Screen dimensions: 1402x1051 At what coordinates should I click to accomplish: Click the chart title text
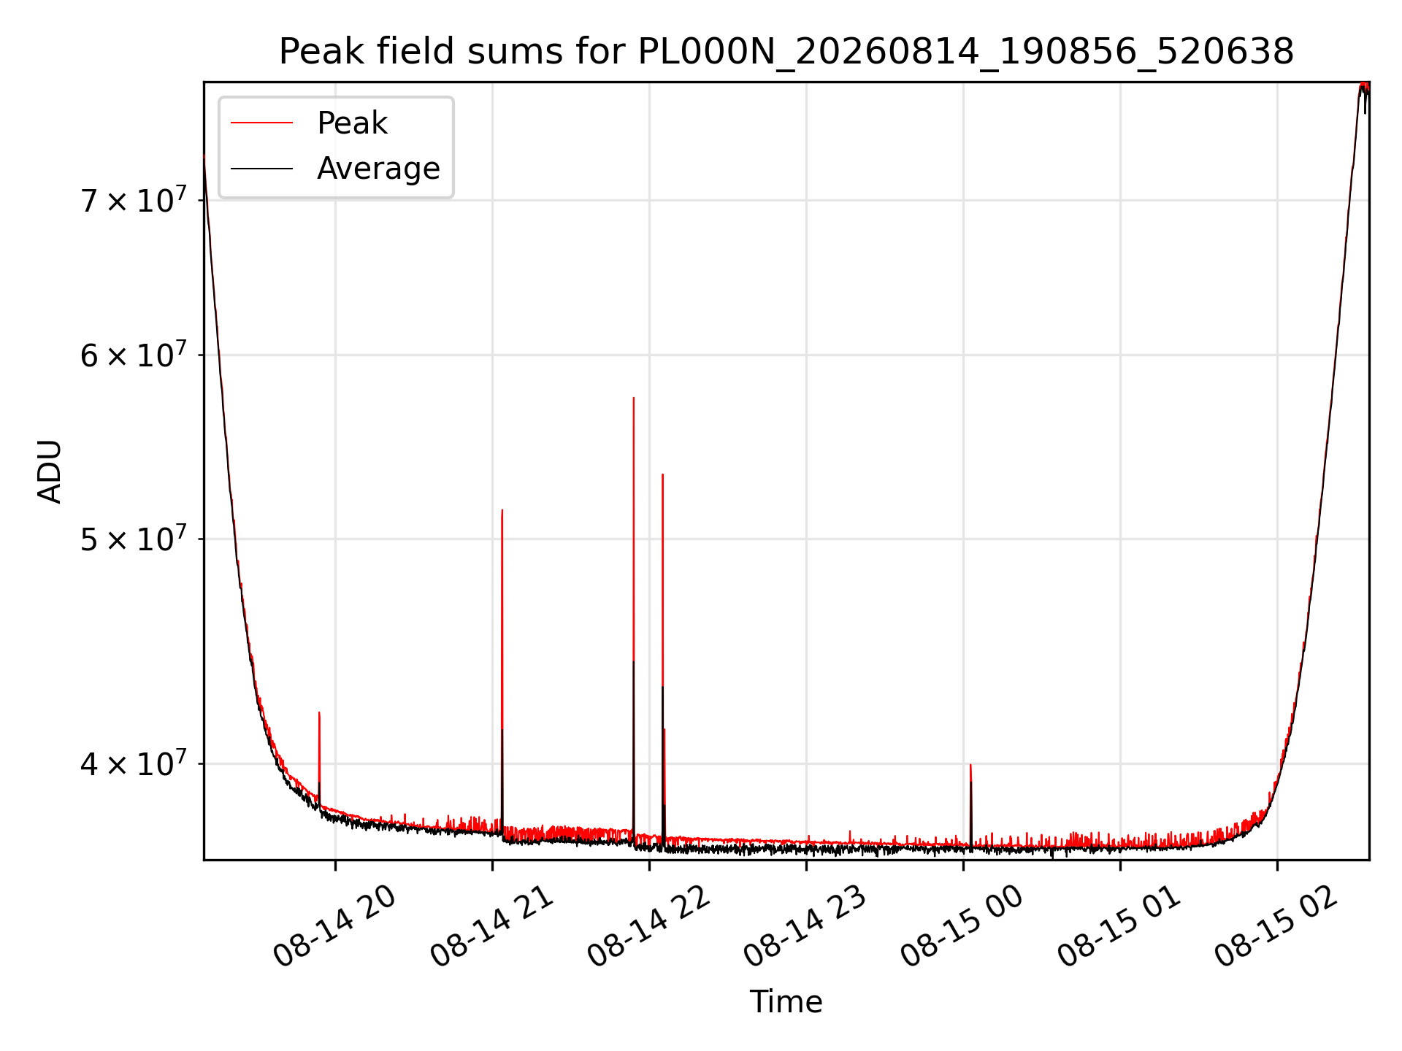(786, 52)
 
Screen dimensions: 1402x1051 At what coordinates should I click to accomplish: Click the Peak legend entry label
(352, 123)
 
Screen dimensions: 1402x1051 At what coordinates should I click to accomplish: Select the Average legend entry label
(378, 169)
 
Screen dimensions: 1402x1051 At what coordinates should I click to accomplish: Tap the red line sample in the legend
(261, 123)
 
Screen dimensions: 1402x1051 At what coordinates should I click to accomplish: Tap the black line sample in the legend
(261, 169)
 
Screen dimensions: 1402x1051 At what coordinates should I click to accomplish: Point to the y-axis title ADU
(50, 471)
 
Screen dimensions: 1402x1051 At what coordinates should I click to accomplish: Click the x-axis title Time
(786, 1002)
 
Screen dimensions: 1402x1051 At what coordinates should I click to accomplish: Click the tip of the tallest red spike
(634, 398)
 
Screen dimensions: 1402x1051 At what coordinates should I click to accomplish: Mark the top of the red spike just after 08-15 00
(970, 765)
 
